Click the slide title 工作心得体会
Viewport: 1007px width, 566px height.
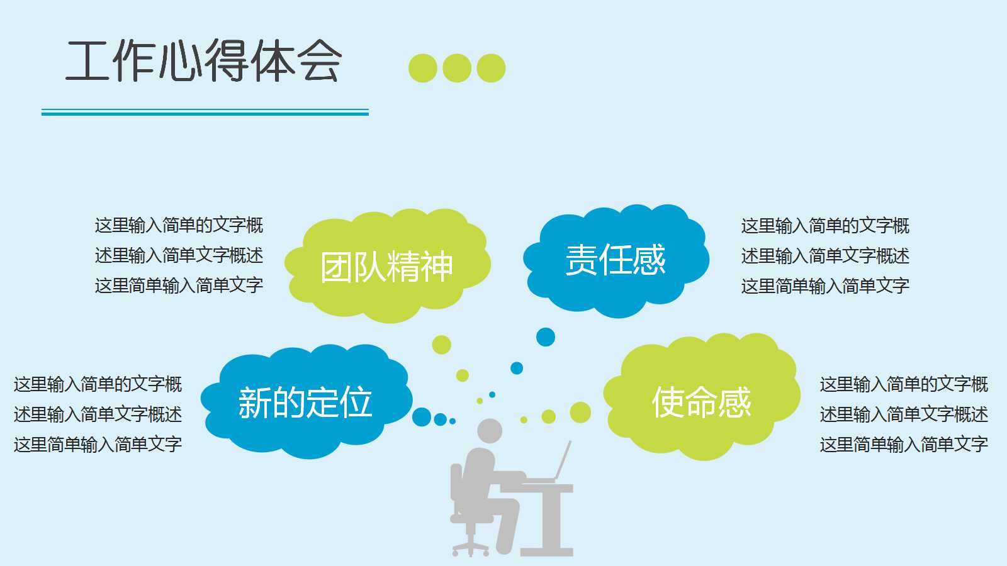(x=203, y=61)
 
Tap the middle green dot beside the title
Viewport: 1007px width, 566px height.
(x=457, y=68)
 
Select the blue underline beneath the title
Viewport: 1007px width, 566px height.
(x=205, y=113)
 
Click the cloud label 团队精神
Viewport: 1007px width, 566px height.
(x=386, y=267)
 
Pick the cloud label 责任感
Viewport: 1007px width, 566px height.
(x=616, y=260)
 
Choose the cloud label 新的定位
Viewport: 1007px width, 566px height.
(x=305, y=402)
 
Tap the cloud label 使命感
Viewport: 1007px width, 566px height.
(x=701, y=402)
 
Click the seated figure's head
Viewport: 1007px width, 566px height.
(x=489, y=431)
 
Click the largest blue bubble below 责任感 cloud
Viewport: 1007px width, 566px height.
(x=546, y=337)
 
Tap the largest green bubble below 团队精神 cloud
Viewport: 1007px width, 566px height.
(x=441, y=345)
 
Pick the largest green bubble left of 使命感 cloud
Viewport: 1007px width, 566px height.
(x=580, y=413)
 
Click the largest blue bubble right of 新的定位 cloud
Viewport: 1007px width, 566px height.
(x=422, y=416)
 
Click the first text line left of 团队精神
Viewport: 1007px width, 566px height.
(x=179, y=225)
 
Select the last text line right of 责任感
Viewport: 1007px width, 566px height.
(x=825, y=286)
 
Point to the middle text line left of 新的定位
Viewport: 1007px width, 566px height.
(x=98, y=414)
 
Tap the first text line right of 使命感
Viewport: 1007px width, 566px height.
(x=904, y=384)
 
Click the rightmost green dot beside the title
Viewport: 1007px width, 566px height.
(x=491, y=68)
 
